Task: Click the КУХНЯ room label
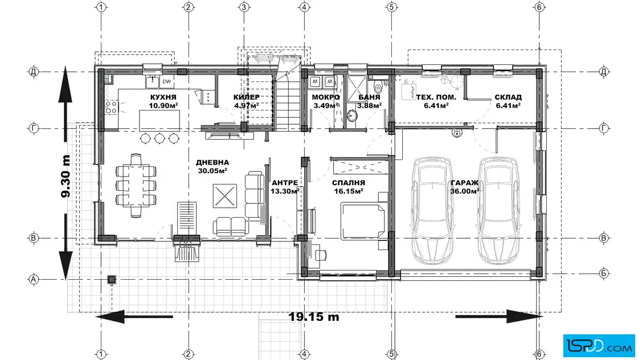(x=163, y=97)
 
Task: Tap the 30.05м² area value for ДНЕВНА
(x=212, y=171)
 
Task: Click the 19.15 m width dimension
(x=314, y=317)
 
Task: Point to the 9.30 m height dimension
(x=66, y=176)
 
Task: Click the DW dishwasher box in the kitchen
(x=166, y=82)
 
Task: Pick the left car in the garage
(x=433, y=210)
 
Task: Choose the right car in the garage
(x=498, y=210)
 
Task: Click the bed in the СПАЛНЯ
(x=363, y=220)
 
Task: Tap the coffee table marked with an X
(x=224, y=195)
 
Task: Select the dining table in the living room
(x=136, y=186)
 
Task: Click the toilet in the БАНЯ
(x=378, y=87)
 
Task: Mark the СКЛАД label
(x=508, y=97)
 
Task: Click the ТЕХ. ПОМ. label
(x=436, y=97)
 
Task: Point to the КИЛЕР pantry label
(x=246, y=97)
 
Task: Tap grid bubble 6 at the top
(x=539, y=7)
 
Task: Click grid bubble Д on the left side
(x=34, y=72)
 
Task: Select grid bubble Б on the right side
(x=604, y=273)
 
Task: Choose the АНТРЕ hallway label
(x=285, y=183)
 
